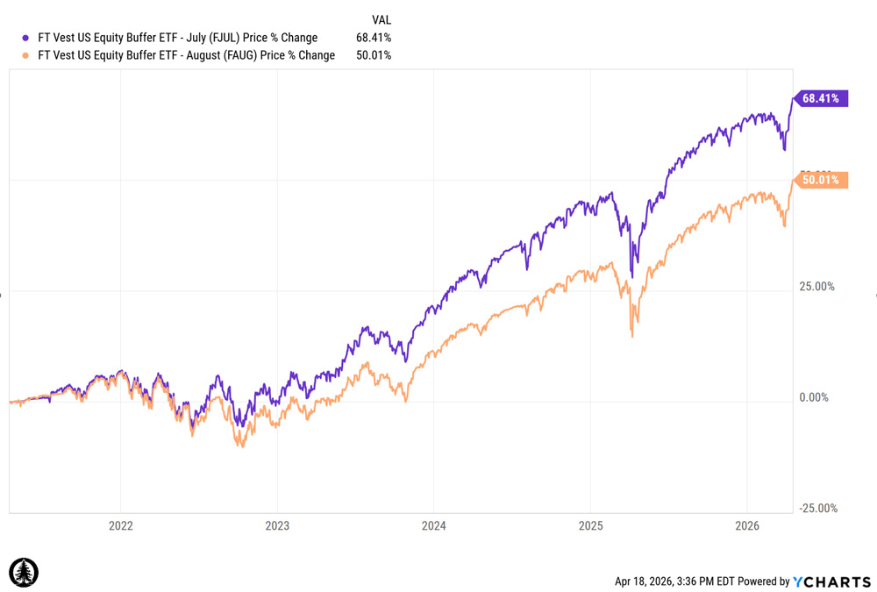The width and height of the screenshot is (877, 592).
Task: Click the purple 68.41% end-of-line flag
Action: [820, 98]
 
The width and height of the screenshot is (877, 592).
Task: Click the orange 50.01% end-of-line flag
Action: [820, 180]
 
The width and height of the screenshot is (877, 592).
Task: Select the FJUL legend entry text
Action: [177, 38]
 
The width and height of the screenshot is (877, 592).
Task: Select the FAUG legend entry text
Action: [186, 55]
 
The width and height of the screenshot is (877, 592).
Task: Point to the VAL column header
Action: [381, 19]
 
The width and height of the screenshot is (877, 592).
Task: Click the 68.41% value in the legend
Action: [374, 38]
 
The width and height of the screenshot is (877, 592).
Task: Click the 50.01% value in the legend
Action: [374, 55]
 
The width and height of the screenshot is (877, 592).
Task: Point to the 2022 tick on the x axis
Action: [120, 526]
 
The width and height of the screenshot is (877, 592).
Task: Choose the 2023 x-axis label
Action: [277, 526]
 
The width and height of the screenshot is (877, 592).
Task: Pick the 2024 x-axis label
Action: [433, 526]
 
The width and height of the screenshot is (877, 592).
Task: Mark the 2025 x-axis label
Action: [590, 526]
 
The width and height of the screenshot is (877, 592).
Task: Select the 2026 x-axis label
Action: [746, 526]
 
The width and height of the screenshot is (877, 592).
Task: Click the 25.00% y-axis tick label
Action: [817, 287]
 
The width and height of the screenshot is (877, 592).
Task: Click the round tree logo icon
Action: [24, 573]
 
